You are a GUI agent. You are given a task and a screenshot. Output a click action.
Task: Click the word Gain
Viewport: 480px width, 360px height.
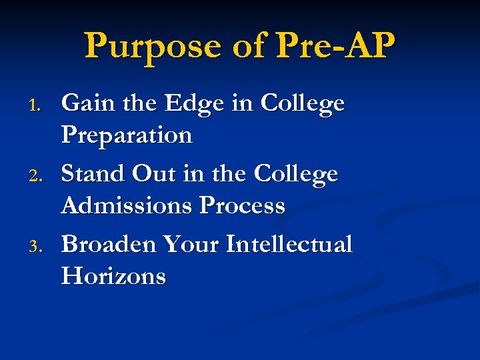click(85, 103)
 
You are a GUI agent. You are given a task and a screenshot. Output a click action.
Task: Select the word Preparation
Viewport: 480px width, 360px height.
click(127, 136)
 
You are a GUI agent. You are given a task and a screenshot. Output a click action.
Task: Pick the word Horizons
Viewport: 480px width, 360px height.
click(113, 277)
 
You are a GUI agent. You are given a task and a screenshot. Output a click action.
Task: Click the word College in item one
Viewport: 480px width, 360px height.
click(303, 105)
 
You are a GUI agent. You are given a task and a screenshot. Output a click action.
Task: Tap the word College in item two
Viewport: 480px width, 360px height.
click(296, 175)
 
